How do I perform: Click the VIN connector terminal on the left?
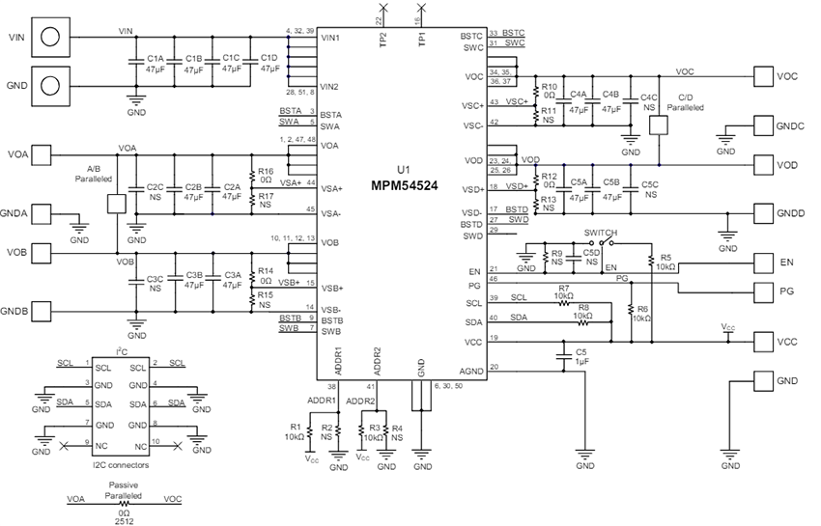coord(52,38)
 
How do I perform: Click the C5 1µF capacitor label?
coord(580,356)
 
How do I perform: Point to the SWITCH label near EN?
coord(601,233)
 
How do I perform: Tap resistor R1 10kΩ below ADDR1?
coord(309,427)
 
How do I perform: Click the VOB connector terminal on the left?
coord(52,255)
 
